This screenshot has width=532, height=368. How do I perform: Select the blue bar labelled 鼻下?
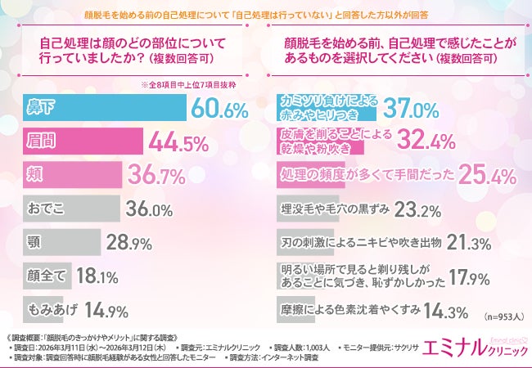pos(102,107)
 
